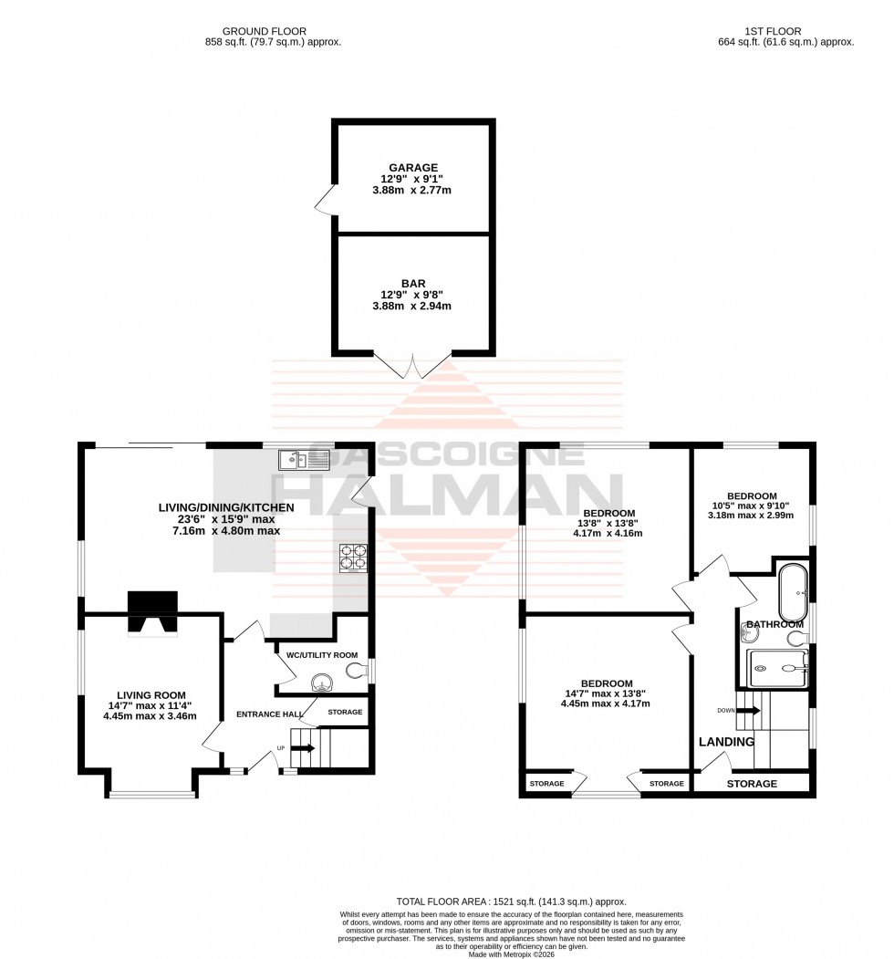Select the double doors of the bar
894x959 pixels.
pos(413,367)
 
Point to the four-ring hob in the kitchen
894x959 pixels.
pos(352,558)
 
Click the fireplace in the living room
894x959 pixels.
pos(152,612)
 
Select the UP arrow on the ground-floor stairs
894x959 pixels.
pos(305,748)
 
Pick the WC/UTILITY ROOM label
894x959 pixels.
pos(321,655)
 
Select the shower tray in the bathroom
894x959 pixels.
pos(777,669)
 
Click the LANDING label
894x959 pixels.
pos(727,742)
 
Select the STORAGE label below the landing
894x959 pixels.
pos(752,784)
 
